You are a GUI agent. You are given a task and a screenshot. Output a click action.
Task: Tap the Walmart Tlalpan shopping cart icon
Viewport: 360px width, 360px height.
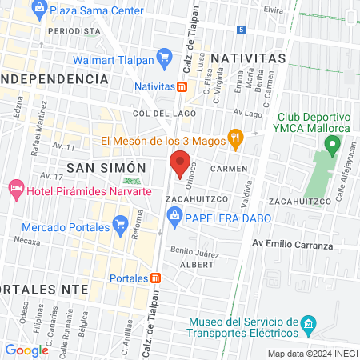click(x=166, y=57)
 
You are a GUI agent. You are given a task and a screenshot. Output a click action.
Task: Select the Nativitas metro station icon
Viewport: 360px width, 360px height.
click(x=182, y=86)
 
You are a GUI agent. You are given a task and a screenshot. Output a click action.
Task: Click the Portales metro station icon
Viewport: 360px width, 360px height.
click(x=156, y=278)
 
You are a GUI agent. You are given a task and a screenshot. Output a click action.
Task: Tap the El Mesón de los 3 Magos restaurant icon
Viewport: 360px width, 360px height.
click(x=235, y=138)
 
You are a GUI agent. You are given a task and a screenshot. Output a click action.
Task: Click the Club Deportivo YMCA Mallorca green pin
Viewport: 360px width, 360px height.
click(x=332, y=146)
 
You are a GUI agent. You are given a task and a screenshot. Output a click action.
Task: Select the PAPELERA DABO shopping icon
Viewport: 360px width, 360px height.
click(x=173, y=216)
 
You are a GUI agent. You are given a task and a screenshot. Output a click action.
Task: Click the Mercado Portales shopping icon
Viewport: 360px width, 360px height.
click(x=121, y=222)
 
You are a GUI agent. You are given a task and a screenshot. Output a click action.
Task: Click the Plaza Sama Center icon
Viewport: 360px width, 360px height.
click(x=38, y=10)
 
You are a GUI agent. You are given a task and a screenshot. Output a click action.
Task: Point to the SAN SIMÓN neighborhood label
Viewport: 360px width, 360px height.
click(x=106, y=166)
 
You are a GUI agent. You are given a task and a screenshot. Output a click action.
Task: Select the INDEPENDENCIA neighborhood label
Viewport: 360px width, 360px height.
click(x=54, y=79)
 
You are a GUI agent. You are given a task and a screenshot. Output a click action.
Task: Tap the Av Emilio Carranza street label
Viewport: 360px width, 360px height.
click(x=292, y=245)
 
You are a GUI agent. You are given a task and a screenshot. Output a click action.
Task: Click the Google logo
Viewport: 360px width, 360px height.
click(x=26, y=350)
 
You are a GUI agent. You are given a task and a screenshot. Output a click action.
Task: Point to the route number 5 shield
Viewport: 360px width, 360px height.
click(x=242, y=29)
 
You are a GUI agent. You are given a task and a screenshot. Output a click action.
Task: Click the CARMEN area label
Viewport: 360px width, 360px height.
click(x=229, y=169)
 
